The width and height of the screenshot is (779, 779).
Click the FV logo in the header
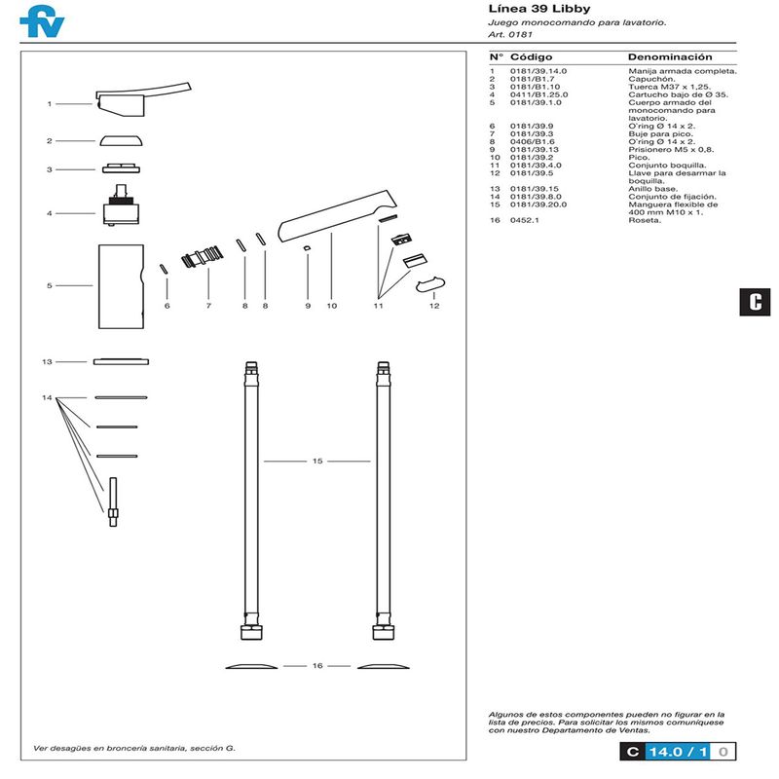coord(42,21)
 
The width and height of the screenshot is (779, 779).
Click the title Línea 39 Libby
coord(538,10)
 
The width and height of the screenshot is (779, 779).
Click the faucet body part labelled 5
coord(121,286)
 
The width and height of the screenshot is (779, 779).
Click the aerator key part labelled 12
coord(429,283)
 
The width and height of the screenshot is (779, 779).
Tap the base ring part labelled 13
coord(122,361)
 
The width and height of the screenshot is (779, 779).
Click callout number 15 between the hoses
coord(317,461)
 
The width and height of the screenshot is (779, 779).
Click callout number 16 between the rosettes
coord(317,666)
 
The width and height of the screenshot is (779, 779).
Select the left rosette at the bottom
coord(251,666)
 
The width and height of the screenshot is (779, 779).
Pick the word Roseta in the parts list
coord(645,221)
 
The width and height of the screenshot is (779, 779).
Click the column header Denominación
coord(670,57)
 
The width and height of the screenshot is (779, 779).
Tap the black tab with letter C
coord(755,301)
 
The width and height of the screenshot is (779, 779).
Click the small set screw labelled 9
coord(307,249)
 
